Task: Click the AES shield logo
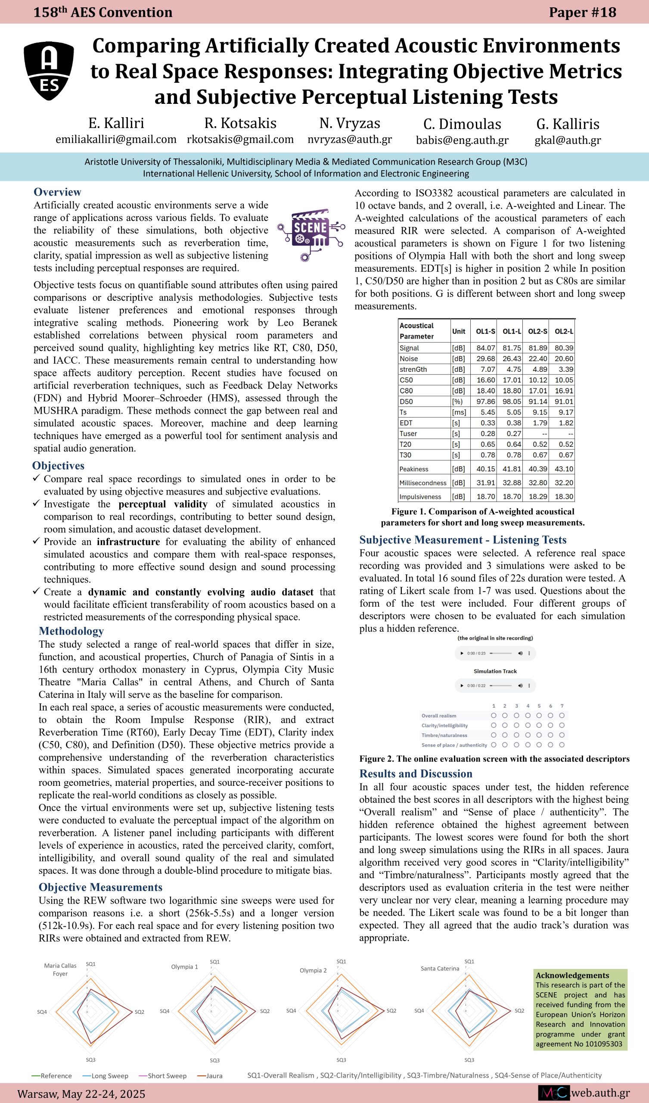49,71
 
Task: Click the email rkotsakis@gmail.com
240,140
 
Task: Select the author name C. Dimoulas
462,125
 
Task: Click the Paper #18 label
583,12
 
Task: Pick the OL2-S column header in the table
537,331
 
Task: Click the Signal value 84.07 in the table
486,348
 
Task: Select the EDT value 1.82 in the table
564,423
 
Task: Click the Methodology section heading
71,631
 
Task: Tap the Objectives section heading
58,466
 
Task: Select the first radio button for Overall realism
494,716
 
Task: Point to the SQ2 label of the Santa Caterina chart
519,1011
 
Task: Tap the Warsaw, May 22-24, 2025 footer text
81,1094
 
